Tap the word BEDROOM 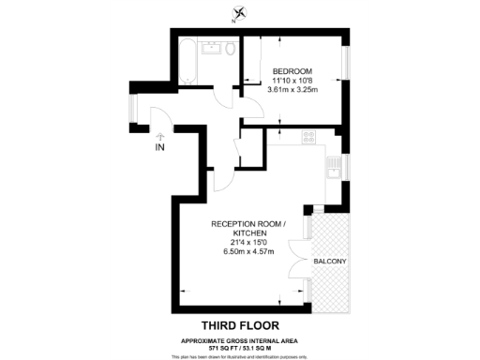coord(292,72)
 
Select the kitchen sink coord(332,169)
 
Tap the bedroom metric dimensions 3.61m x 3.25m coord(292,90)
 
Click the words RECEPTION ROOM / coord(246,223)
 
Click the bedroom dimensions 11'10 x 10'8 coord(292,81)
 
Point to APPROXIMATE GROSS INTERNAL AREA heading coord(240,339)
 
